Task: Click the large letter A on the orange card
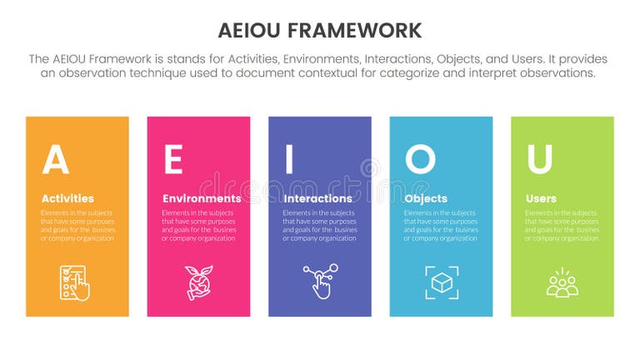coord(55,160)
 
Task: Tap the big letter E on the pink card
coord(172,160)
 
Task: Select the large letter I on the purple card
coord(289,160)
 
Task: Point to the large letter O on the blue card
coord(420,159)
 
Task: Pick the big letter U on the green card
coord(539,160)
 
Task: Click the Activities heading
coord(67,198)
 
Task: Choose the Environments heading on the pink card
coord(202,198)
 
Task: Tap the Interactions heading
coord(317,198)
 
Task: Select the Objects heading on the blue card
coord(426,198)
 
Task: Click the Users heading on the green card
coord(542,198)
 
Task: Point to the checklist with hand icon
coord(74,282)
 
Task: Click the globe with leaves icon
coord(197,282)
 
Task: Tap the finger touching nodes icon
coord(319,282)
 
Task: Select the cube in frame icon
coord(441,282)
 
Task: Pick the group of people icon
coord(562,282)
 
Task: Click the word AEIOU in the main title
coord(254,31)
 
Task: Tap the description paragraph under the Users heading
coord(562,226)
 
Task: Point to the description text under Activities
coord(77,226)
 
